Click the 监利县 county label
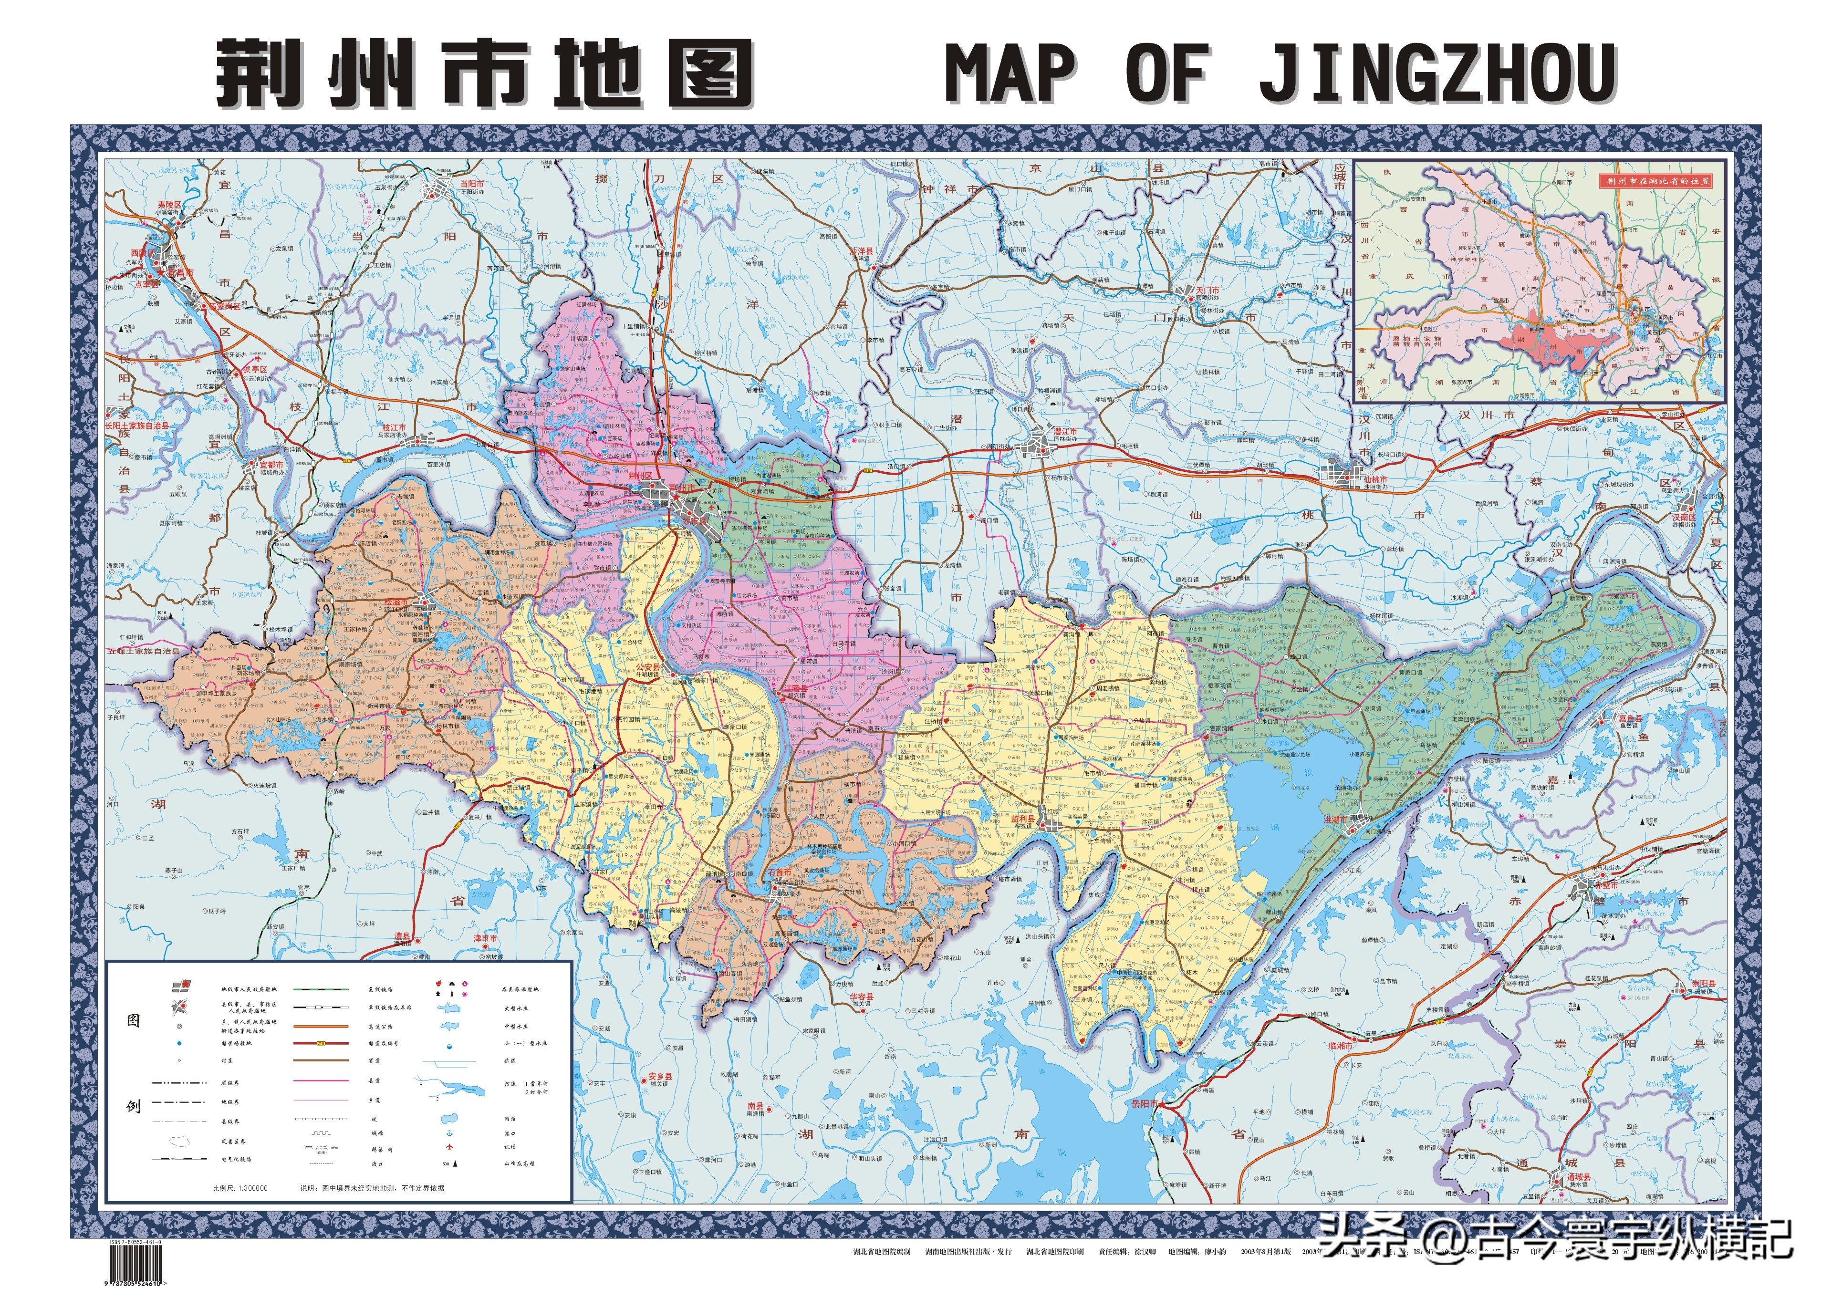(x=1022, y=819)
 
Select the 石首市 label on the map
(x=780, y=872)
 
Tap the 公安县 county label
(x=648, y=666)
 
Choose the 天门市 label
(x=1207, y=290)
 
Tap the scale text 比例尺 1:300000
(x=240, y=1188)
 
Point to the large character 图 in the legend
(x=134, y=1021)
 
